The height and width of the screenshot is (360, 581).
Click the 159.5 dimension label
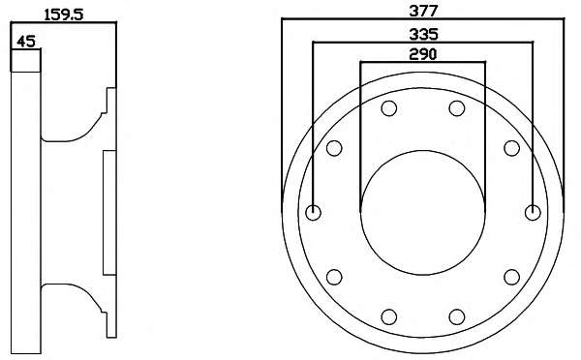click(64, 15)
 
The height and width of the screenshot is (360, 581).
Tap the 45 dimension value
click(26, 42)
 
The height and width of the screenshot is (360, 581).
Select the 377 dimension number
click(423, 11)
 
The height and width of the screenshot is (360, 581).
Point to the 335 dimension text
click(423, 34)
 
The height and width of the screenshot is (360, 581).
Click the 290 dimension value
click(423, 54)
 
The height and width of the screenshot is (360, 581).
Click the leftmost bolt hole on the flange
click(313, 213)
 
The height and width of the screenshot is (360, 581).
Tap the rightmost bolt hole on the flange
click(533, 213)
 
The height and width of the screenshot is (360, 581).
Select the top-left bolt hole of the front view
click(389, 108)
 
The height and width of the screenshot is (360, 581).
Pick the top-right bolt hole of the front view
click(457, 108)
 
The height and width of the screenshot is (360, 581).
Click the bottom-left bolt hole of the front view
click(389, 317)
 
